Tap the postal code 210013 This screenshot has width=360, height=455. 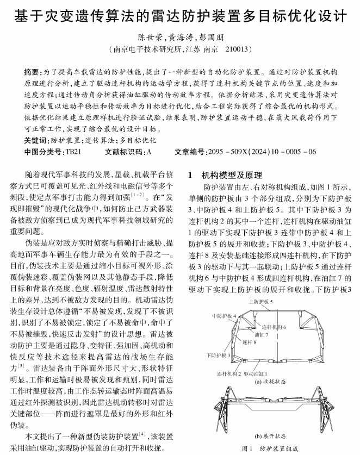237,49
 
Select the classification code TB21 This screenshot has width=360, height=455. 72,152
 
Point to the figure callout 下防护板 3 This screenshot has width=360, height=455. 219,355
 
